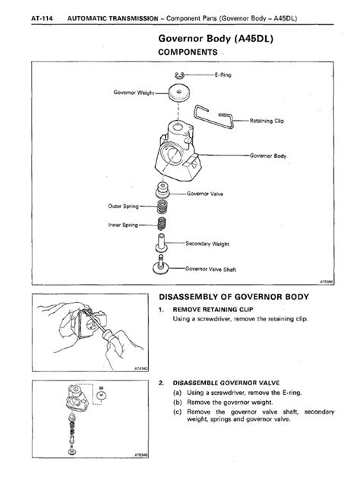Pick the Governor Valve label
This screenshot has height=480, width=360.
point(207,194)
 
